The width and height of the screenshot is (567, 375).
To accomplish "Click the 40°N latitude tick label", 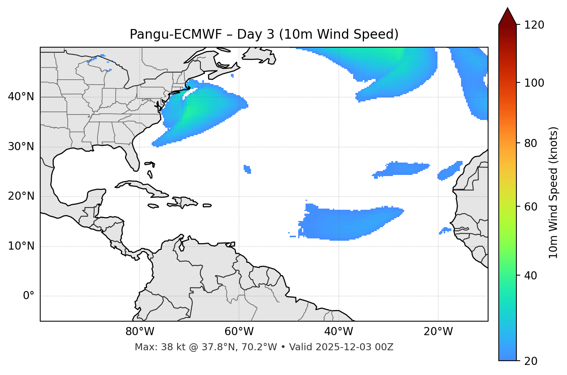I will click(21, 97).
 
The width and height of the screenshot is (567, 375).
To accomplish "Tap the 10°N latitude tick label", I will click(21, 246).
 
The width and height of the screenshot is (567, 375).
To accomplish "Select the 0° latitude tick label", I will click(29, 296).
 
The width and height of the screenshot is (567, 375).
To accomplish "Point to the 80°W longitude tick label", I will click(140, 332).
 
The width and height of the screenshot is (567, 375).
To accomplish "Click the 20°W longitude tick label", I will click(438, 332).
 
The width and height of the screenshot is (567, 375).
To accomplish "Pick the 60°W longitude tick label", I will click(239, 332).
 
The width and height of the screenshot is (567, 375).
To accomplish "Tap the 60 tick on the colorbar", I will click(532, 207).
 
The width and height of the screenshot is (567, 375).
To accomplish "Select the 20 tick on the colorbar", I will click(532, 361).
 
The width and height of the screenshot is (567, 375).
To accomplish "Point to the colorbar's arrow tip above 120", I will click(507, 9).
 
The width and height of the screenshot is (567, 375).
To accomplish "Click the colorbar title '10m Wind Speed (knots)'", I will click(553, 193).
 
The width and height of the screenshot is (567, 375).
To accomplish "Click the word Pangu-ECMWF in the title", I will click(176, 34).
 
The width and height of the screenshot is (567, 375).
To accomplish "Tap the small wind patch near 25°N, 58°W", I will click(248, 169).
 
